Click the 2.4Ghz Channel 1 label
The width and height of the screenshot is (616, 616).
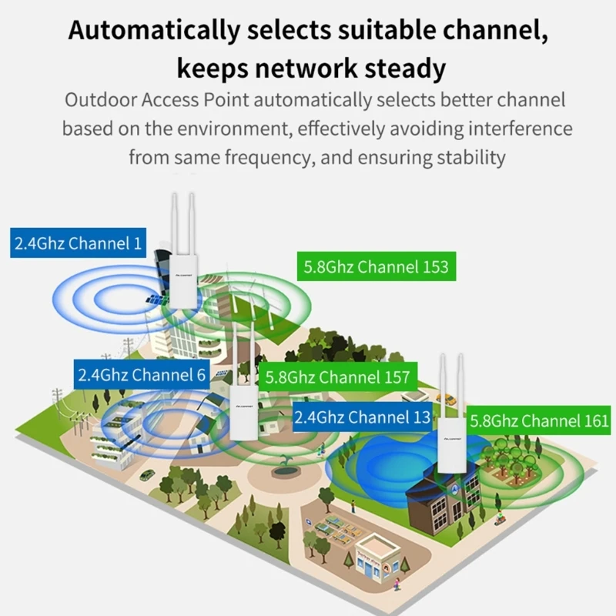coord(79,244)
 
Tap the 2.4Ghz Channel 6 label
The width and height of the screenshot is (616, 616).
coord(142,375)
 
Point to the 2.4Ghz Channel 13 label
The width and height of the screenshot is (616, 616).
coord(362,417)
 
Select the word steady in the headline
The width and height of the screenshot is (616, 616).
coord(400,69)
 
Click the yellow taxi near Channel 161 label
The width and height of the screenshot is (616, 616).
coord(446,398)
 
